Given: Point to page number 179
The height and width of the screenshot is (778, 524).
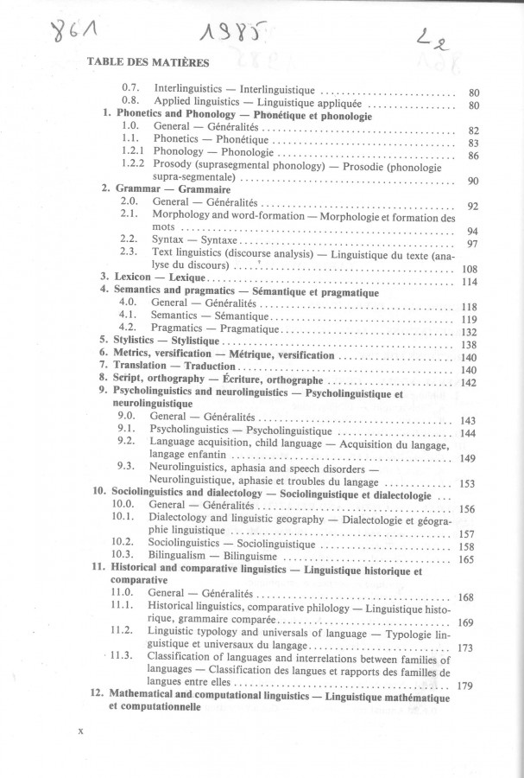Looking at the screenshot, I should pyautogui.click(x=466, y=686).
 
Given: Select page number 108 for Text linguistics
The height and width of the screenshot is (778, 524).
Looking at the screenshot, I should pyautogui.click(x=466, y=269).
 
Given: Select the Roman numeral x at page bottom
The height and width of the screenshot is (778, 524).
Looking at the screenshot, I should pyautogui.click(x=79, y=730).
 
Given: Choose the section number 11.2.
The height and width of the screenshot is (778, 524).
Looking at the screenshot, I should pyautogui.click(x=126, y=630).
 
